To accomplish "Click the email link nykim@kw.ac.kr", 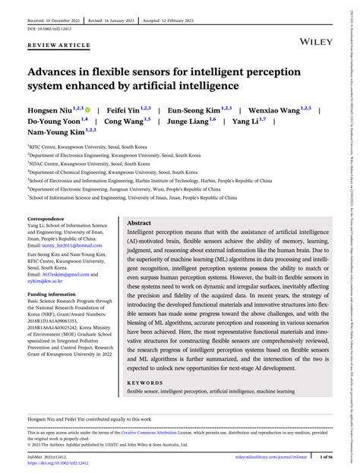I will (45, 280).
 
